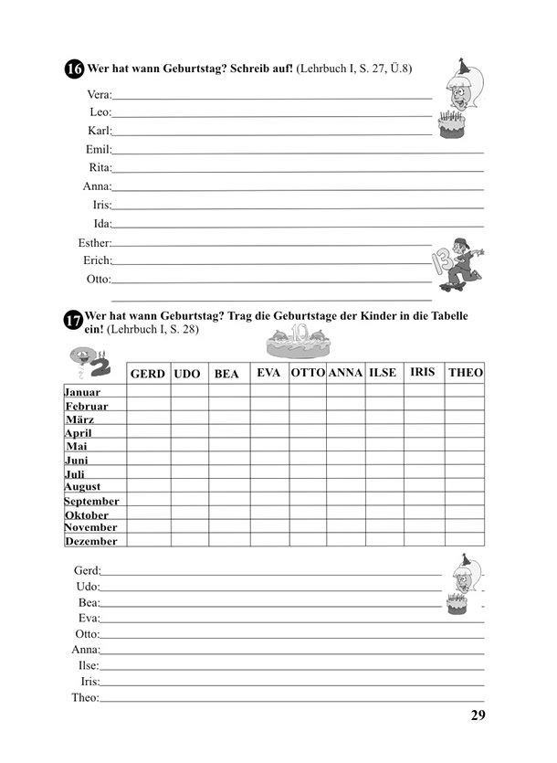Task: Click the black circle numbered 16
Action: click(74, 69)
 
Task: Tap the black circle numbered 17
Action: click(73, 321)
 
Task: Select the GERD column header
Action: click(148, 374)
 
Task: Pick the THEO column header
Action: click(465, 373)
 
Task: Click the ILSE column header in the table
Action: click(383, 373)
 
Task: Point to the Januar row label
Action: click(82, 391)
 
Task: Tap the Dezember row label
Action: click(91, 541)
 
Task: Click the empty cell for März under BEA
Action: click(228, 418)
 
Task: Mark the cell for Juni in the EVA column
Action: click(269, 459)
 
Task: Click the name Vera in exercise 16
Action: click(99, 94)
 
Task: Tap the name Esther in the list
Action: click(94, 242)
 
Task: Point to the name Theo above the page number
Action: click(85, 697)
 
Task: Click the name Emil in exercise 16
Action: click(98, 149)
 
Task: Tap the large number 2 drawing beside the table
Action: click(94, 364)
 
